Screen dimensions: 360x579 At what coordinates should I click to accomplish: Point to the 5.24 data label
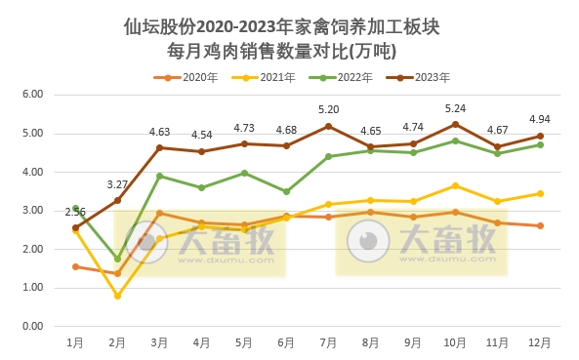(x=454, y=108)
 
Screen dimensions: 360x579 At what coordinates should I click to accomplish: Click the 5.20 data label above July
(x=328, y=109)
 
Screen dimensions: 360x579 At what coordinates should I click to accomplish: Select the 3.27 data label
(x=117, y=184)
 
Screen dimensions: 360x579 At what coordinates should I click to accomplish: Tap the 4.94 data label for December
(x=539, y=120)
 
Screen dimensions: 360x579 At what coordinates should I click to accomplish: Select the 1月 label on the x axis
(x=75, y=342)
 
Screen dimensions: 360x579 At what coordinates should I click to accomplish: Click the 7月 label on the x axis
(x=328, y=342)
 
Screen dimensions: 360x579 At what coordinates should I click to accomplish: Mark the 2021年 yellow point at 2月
(x=117, y=296)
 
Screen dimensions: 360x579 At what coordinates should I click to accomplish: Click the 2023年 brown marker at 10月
(x=455, y=124)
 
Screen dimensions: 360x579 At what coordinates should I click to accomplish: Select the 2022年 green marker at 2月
(x=117, y=260)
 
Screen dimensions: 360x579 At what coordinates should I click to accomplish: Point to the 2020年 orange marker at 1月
(x=75, y=266)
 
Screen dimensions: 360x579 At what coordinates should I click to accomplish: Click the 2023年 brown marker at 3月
(x=159, y=148)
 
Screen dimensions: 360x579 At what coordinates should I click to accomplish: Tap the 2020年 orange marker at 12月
(x=539, y=225)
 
